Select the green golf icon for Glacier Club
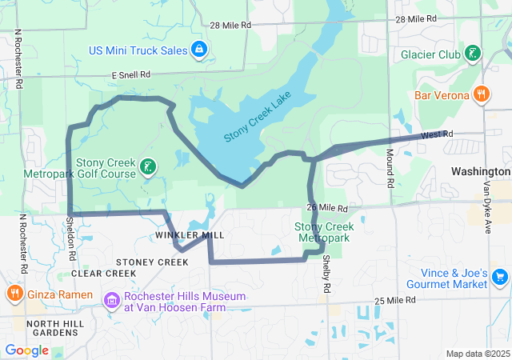(x=474, y=54)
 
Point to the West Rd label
(x=436, y=134)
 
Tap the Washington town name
(x=480, y=171)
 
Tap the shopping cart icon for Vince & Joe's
(x=500, y=277)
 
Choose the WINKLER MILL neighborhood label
(x=190, y=234)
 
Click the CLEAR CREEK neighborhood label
(x=104, y=273)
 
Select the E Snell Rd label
(x=131, y=74)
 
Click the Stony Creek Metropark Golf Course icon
(x=147, y=166)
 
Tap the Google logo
(x=26, y=350)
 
